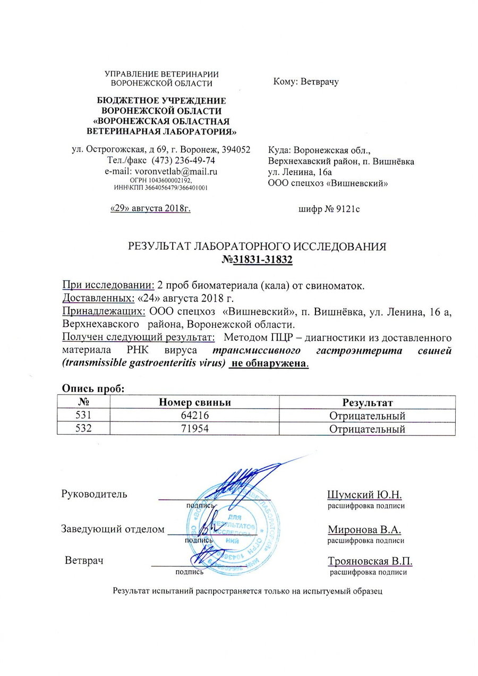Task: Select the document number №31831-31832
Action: click(258, 260)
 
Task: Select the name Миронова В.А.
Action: click(364, 529)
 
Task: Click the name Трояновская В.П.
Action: click(370, 561)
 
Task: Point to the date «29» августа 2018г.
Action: click(150, 208)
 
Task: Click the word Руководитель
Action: click(94, 494)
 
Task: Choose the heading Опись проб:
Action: click(93, 388)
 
